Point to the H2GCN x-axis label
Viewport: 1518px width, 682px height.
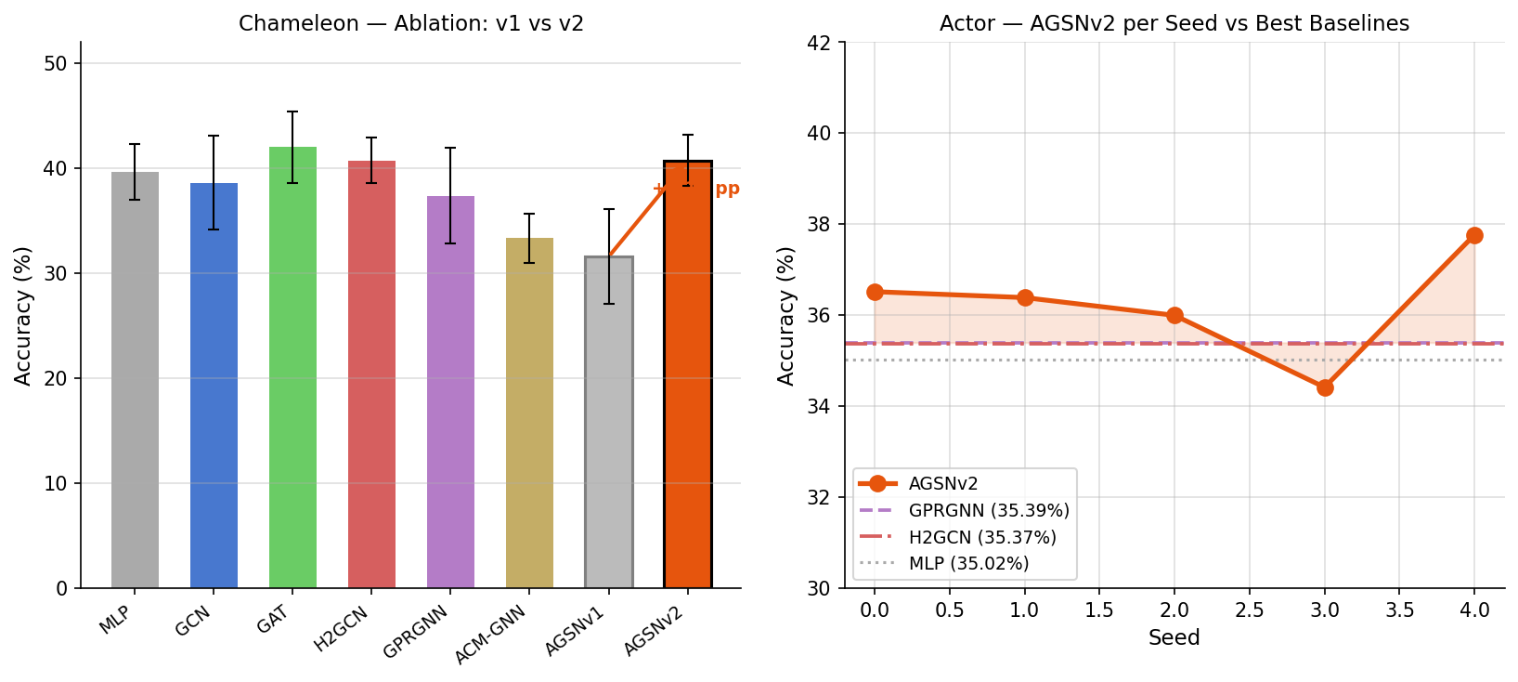tap(342, 628)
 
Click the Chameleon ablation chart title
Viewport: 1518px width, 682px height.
tap(411, 23)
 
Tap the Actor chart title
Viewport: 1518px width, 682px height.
tap(1174, 23)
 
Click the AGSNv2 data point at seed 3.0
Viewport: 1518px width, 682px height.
tap(1325, 387)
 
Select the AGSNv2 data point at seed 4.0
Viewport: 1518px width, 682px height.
tap(1474, 235)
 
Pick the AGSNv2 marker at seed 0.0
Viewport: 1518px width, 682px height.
tap(875, 292)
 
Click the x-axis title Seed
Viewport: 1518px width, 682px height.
tap(1174, 637)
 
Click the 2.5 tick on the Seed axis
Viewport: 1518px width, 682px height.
tap(1250, 610)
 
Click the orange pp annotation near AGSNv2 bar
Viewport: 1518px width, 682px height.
tap(727, 189)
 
